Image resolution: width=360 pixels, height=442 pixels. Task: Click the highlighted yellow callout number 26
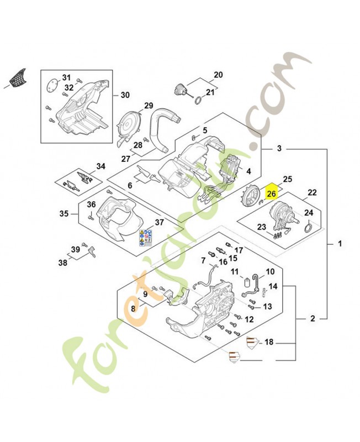click(x=271, y=194)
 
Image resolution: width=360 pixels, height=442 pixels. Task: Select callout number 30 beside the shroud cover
click(x=125, y=95)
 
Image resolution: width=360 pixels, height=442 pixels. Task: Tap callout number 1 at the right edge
click(x=340, y=243)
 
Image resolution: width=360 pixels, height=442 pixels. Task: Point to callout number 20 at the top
click(x=218, y=75)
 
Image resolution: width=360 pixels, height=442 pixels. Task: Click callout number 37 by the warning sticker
click(x=159, y=223)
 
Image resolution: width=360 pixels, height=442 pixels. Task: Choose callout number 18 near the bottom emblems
click(x=269, y=343)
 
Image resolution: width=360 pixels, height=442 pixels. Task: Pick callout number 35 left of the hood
click(x=63, y=213)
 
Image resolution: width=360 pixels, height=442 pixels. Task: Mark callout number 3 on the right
click(x=279, y=149)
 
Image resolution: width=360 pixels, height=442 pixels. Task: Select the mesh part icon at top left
click(x=19, y=78)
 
